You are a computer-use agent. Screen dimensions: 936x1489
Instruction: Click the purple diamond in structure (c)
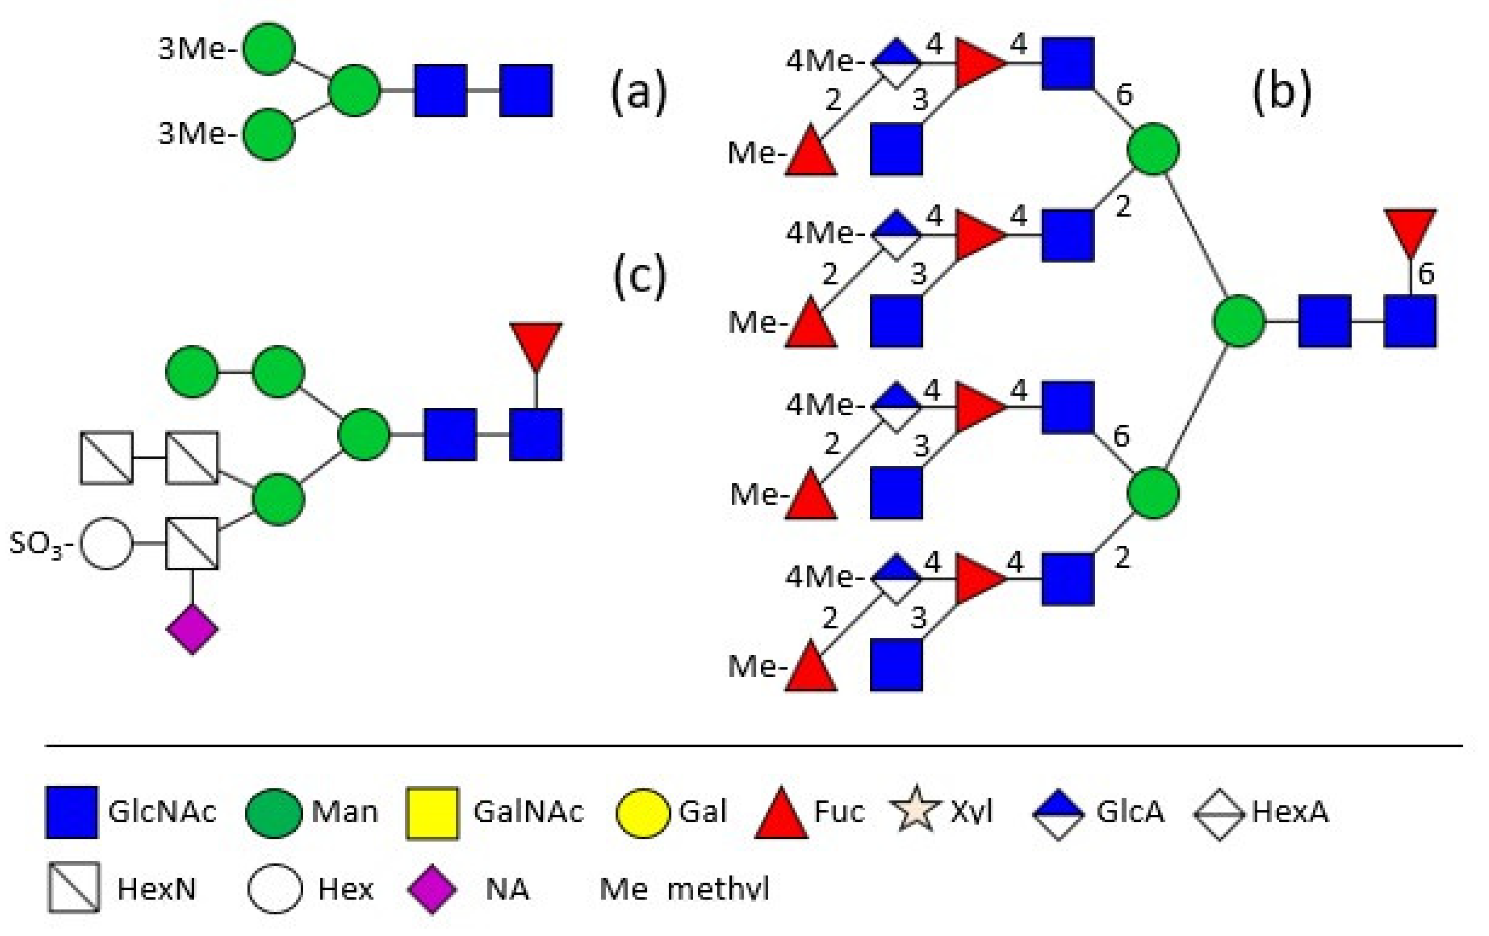point(192,629)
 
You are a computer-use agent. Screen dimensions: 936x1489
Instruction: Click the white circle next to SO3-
point(107,544)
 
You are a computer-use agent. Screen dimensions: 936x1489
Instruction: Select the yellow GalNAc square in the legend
point(432,813)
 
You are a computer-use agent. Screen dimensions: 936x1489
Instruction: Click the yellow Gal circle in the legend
point(643,813)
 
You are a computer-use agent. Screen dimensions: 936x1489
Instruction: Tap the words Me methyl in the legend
point(684,889)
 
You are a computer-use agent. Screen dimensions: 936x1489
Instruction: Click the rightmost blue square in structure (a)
point(526,90)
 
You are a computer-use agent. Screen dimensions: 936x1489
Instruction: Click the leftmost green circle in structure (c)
point(192,372)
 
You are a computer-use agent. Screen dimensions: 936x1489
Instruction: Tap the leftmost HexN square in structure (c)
point(107,457)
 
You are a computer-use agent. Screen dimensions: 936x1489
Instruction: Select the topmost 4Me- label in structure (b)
point(824,62)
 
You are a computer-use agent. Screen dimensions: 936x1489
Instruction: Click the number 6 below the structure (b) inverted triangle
point(1425,273)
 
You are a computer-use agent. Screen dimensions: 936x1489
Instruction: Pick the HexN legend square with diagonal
point(73,887)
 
